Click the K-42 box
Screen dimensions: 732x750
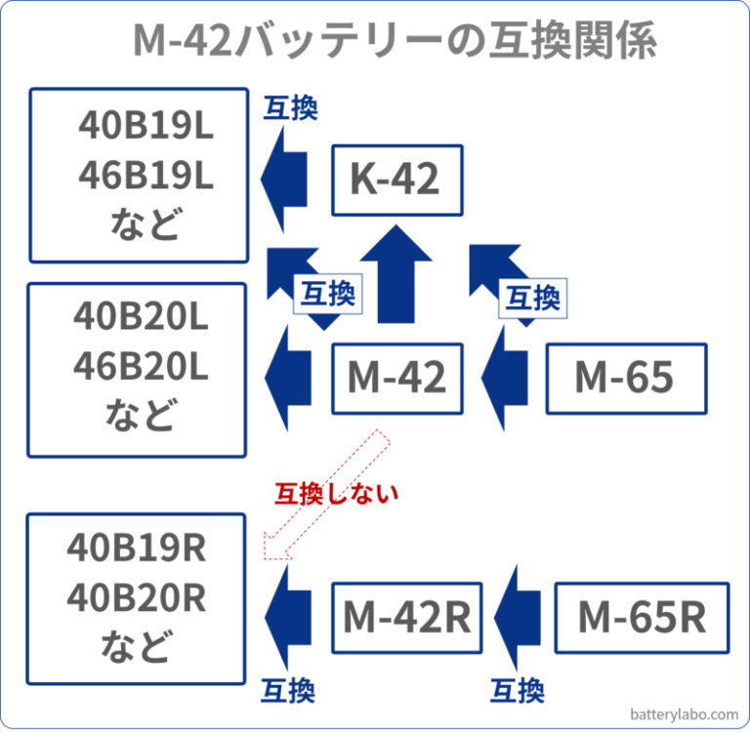click(x=396, y=180)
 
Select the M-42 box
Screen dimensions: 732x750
click(x=396, y=378)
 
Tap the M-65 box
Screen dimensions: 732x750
click(x=625, y=378)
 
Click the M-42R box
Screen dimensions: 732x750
click(x=406, y=617)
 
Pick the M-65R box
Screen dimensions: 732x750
click(x=642, y=617)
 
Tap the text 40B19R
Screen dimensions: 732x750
click(x=136, y=549)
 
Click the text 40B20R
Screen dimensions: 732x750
click(x=136, y=597)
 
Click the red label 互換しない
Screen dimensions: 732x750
click(x=336, y=493)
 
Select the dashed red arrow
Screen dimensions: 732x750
click(x=327, y=498)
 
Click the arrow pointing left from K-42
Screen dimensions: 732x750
click(x=285, y=180)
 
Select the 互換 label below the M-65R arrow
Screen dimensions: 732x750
click(x=517, y=691)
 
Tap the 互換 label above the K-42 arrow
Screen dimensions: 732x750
click(x=291, y=107)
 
